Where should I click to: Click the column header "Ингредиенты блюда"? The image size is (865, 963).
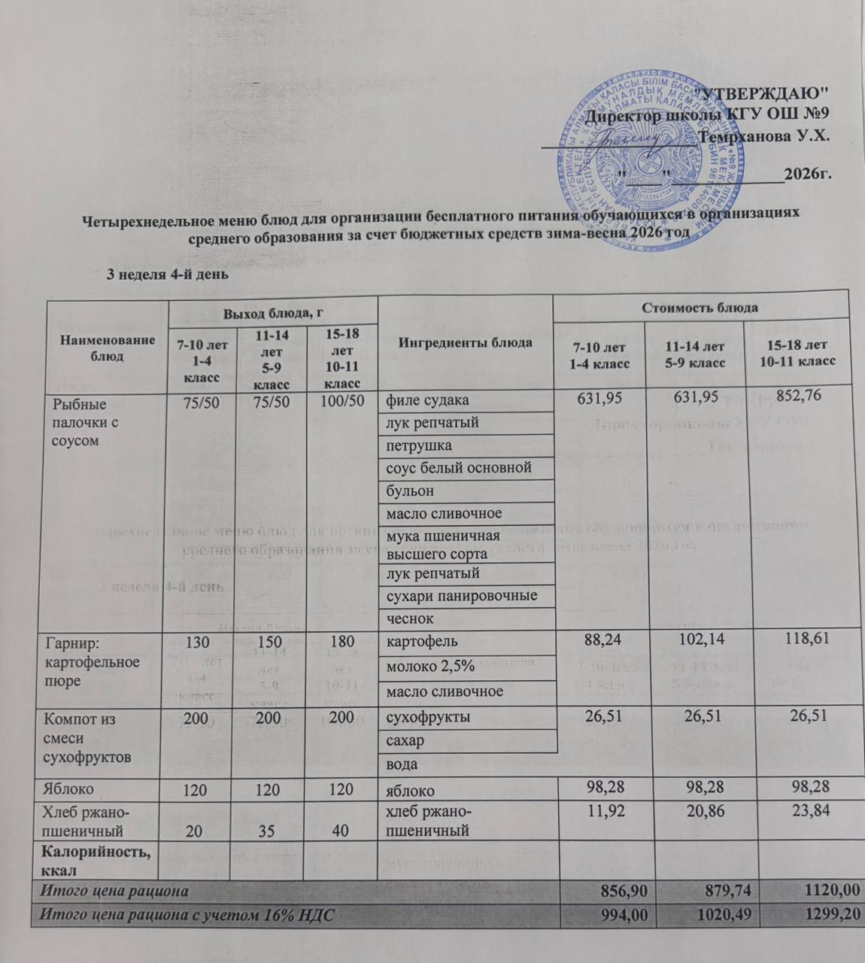465,342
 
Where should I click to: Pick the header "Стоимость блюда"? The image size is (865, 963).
700,307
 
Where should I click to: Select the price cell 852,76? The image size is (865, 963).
803,398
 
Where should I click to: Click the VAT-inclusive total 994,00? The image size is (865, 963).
621,916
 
